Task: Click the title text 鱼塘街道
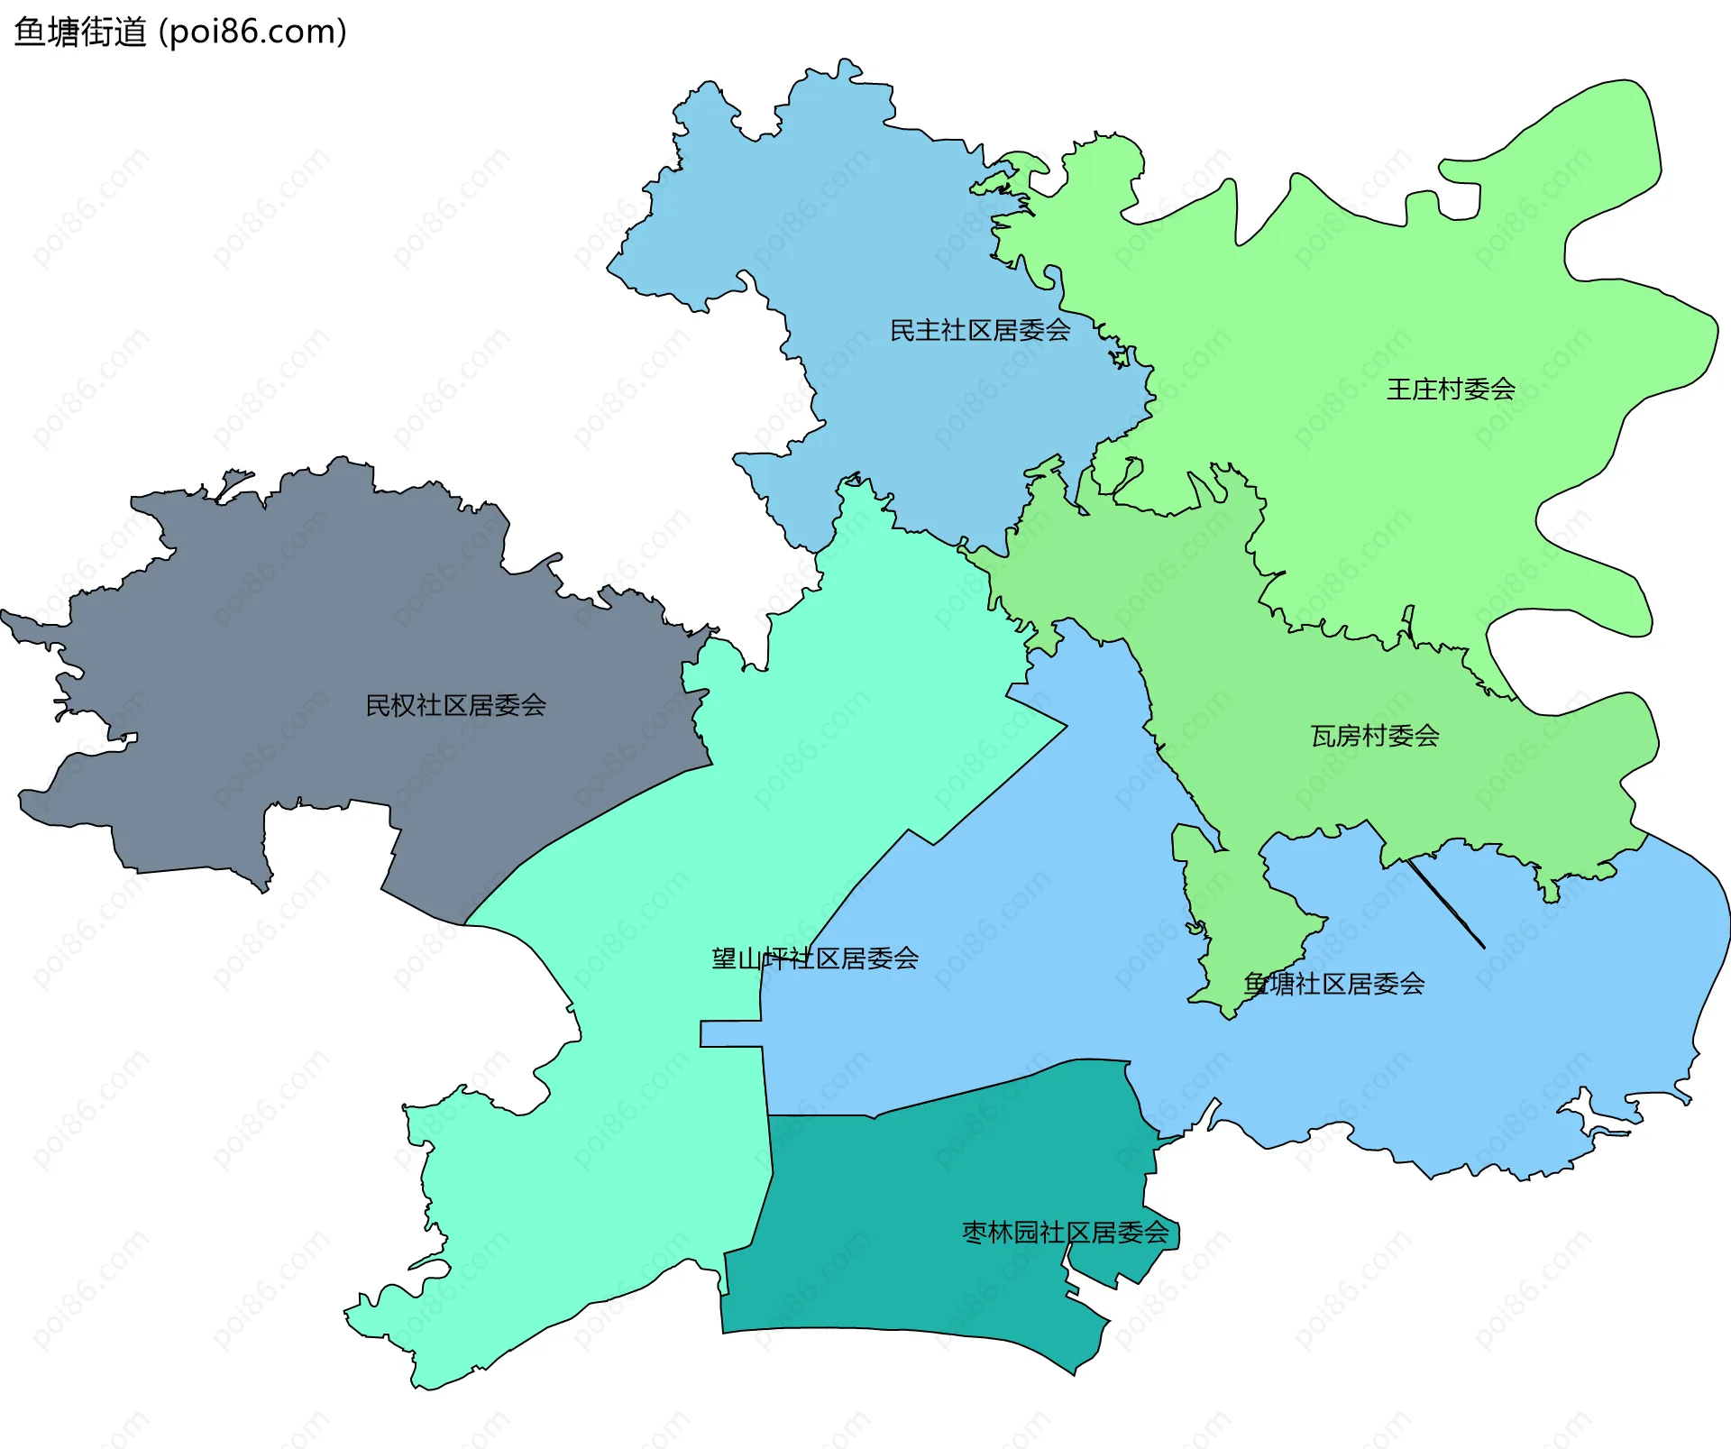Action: tap(80, 32)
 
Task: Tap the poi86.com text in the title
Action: tap(252, 32)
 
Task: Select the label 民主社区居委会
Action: tap(980, 330)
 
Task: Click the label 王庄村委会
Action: tap(1451, 390)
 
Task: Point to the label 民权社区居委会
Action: tap(455, 705)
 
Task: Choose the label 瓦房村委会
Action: tap(1375, 736)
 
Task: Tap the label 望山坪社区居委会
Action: tap(815, 958)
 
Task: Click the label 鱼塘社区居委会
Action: tap(1334, 984)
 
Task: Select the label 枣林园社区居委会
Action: tap(1066, 1233)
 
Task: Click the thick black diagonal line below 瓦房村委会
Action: tap(1446, 903)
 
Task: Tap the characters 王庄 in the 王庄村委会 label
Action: tap(1412, 390)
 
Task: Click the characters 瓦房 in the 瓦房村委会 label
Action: tap(1336, 736)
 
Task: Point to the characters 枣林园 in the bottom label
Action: tap(1001, 1233)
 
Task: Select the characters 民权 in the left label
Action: tap(390, 705)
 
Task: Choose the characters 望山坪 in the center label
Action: tap(750, 958)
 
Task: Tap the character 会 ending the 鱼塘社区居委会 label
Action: tap(1412, 984)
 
